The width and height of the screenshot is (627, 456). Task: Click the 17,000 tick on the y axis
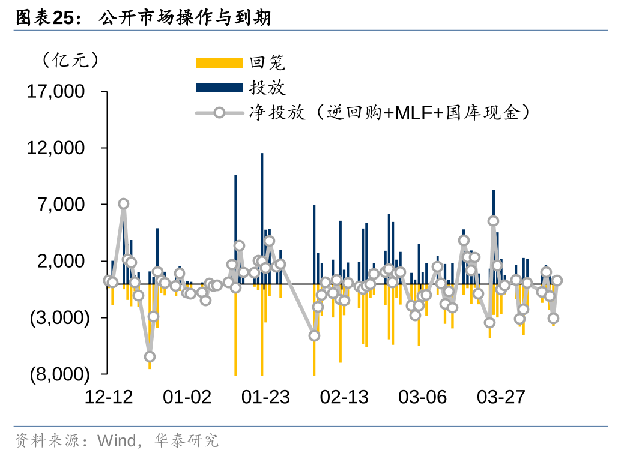tap(55, 92)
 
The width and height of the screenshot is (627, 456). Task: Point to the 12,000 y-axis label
tap(55, 148)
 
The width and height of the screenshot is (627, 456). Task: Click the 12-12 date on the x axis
tap(109, 397)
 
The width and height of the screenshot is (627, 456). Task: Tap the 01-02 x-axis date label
tap(187, 397)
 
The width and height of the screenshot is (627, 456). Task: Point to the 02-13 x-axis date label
tap(344, 397)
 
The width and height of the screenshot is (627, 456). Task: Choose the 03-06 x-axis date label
tap(422, 397)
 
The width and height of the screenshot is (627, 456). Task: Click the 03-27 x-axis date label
tap(501, 397)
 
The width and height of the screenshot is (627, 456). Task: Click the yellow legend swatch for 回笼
tap(219, 62)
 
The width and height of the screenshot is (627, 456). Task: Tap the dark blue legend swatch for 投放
tap(219, 88)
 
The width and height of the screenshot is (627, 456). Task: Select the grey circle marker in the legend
tap(219, 112)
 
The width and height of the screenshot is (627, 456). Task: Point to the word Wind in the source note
tap(117, 442)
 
